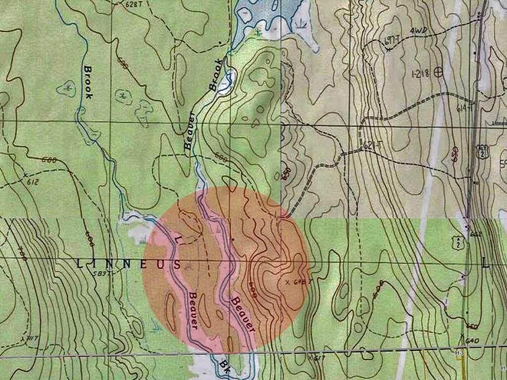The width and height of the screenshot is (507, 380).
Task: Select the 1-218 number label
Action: pyautogui.click(x=421, y=73)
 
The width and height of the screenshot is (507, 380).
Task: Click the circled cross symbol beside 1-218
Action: pyautogui.click(x=438, y=73)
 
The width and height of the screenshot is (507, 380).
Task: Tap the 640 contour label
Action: pyautogui.click(x=473, y=340)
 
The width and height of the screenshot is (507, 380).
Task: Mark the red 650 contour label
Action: pyautogui.click(x=455, y=153)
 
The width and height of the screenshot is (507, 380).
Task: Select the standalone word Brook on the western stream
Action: pyautogui.click(x=87, y=82)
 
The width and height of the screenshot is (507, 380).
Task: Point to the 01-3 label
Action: pyautogui.click(x=458, y=352)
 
